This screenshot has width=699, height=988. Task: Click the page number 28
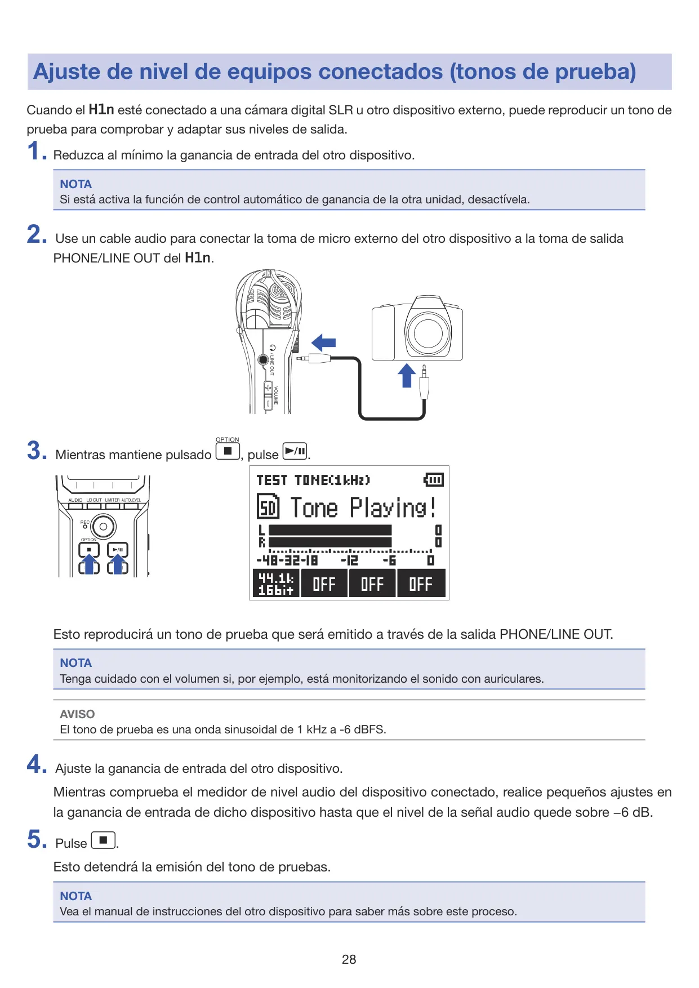pyautogui.click(x=349, y=959)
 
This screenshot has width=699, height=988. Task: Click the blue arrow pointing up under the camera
pyautogui.click(x=407, y=375)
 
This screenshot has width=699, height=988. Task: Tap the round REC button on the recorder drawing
pyautogui.click(x=103, y=527)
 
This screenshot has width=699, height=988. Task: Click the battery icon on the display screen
pyautogui.click(x=433, y=480)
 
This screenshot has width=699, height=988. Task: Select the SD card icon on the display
pyautogui.click(x=268, y=506)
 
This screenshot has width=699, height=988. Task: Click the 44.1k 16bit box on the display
pyautogui.click(x=276, y=583)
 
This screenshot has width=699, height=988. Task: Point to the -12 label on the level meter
pyautogui.click(x=349, y=560)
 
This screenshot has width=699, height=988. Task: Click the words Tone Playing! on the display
pyautogui.click(x=363, y=507)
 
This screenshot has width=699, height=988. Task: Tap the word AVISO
pyautogui.click(x=77, y=714)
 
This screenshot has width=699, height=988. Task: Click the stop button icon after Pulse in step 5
pyautogui.click(x=103, y=840)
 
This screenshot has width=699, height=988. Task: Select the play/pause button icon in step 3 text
pyautogui.click(x=295, y=451)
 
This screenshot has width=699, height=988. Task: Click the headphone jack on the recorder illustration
pyautogui.click(x=263, y=359)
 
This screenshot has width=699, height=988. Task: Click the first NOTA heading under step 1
pyautogui.click(x=75, y=184)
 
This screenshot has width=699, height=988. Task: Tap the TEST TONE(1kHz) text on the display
pyautogui.click(x=313, y=480)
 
